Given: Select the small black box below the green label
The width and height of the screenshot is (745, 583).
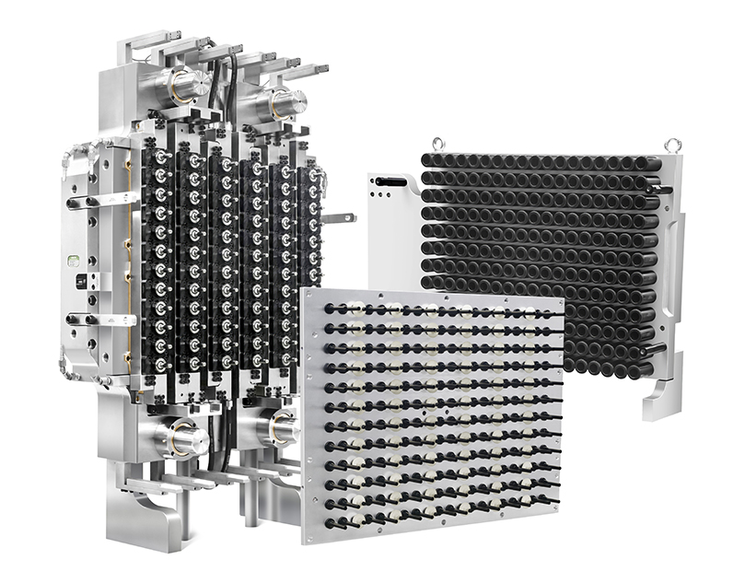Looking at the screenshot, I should click(x=82, y=276).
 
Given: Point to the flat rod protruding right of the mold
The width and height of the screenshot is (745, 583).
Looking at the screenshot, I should click(x=341, y=217).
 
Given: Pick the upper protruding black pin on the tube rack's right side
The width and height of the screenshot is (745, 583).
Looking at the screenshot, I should click(x=665, y=189).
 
